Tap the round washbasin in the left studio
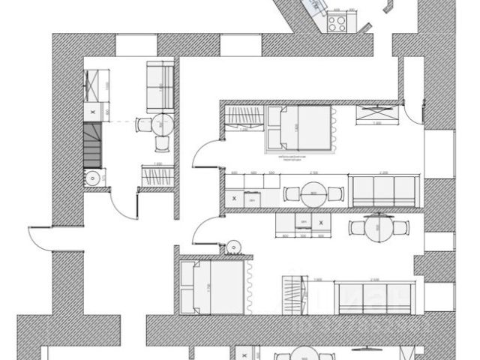[91, 178]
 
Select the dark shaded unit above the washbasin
[91, 145]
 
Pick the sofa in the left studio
[158, 85]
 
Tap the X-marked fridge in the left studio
[92, 111]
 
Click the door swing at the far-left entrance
[41, 238]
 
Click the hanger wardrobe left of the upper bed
[244, 118]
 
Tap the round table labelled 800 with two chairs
[313, 193]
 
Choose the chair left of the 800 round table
[290, 193]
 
